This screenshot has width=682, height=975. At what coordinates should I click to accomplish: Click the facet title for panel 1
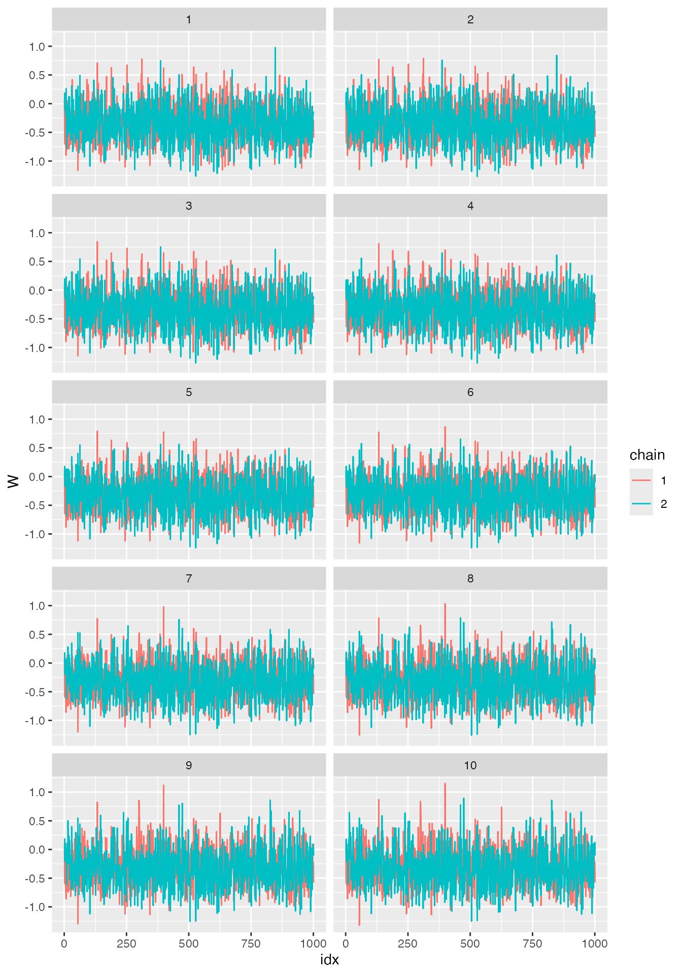189,20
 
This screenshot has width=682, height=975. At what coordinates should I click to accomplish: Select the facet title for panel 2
470,20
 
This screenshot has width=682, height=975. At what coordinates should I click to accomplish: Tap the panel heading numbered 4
470,206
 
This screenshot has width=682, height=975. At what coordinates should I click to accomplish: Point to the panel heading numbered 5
189,393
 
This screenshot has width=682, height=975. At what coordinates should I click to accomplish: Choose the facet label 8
470,579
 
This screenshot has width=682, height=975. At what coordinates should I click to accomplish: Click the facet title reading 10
470,765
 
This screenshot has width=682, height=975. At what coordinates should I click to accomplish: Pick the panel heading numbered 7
189,579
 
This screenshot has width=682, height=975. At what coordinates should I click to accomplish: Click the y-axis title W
14,481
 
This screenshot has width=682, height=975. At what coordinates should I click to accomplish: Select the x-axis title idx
329,960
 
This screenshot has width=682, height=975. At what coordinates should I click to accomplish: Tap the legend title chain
647,455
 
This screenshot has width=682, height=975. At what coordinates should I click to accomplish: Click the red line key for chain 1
641,480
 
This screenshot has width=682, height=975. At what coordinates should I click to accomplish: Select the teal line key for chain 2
641,504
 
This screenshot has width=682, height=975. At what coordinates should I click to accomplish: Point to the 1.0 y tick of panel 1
37,47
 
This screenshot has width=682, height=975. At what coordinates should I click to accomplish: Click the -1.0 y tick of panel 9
35,907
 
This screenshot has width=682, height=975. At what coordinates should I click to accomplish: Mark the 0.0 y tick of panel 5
37,477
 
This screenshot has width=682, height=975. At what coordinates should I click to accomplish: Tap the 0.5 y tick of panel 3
37,262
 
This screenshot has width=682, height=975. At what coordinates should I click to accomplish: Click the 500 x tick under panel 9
189,944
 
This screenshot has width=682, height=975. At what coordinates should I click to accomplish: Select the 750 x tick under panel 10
532,944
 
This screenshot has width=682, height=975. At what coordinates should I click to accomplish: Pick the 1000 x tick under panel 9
313,944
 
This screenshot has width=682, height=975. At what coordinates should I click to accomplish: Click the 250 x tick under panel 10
407,944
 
